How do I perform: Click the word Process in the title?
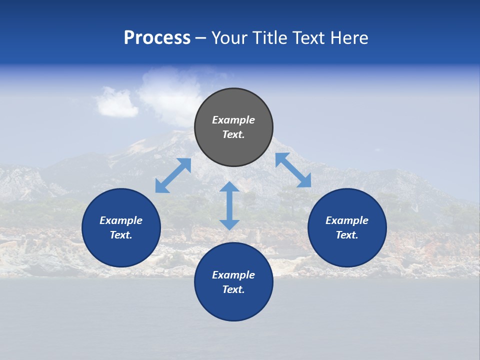point(157,38)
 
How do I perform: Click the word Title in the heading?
point(268,38)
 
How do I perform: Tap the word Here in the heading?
point(349,38)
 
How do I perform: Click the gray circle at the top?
point(233,127)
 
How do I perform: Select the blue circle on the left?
point(121,227)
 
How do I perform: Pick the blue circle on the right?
point(347,227)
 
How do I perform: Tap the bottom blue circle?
point(233,282)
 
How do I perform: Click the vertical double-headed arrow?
point(229,205)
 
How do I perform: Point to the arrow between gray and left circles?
point(173,175)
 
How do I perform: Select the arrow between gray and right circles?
point(293,170)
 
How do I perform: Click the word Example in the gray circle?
point(233,120)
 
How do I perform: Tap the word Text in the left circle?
point(121,235)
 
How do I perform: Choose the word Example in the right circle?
point(347,220)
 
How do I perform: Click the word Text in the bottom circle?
point(233,289)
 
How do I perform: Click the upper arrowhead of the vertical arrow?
point(229,187)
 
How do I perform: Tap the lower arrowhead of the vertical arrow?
point(229,224)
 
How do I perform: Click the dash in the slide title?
point(201,38)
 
